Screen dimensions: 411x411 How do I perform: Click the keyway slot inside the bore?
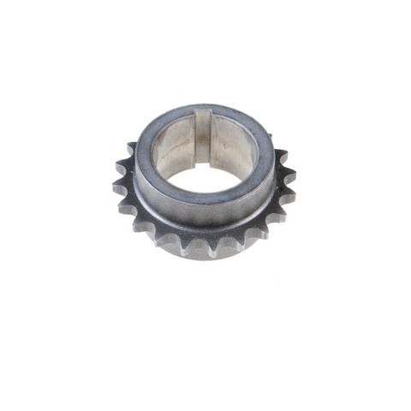[x=202, y=137]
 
